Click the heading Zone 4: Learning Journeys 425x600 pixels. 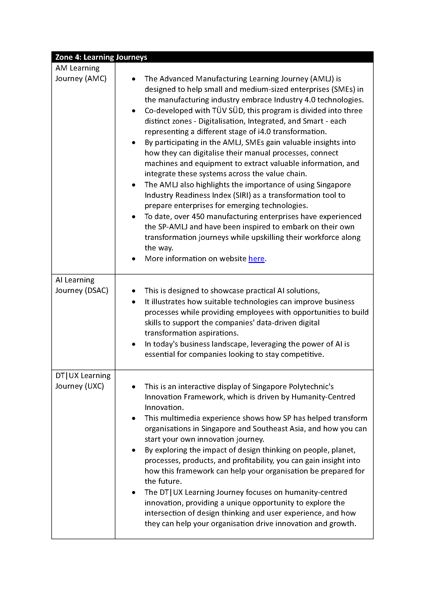pos(101,57)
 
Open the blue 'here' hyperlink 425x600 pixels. pos(256,259)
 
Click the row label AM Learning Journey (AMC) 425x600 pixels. pos(81,73)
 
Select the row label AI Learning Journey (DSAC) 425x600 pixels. pos(82,285)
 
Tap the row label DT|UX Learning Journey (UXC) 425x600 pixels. pos(83,381)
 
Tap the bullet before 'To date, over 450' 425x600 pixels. pos(134,217)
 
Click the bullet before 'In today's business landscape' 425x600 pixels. pos(134,344)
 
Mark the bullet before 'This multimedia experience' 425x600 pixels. pos(134,418)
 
